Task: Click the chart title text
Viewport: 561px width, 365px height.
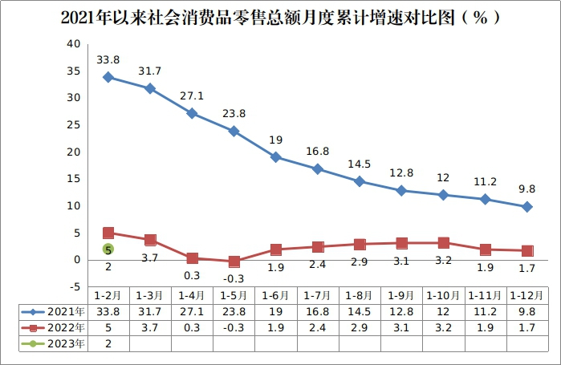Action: point(280,17)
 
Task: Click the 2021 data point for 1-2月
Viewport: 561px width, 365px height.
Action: point(108,77)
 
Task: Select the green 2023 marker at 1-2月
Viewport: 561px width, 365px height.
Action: point(108,249)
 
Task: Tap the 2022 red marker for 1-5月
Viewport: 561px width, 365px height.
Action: point(234,262)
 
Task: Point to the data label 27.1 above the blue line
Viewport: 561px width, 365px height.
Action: point(192,95)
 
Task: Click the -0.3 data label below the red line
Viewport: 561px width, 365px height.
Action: point(234,278)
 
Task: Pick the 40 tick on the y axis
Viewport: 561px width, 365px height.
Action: point(73,43)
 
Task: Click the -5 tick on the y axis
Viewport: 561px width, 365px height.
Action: point(73,286)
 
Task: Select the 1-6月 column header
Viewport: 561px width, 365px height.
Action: point(275,295)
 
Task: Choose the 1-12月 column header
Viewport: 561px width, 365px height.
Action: point(526,295)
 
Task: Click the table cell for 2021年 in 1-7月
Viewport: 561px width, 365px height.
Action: point(317,311)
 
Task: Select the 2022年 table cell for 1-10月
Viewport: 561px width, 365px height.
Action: point(443,327)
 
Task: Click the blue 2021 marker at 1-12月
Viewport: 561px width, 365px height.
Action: point(526,207)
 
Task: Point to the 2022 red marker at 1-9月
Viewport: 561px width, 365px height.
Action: point(401,243)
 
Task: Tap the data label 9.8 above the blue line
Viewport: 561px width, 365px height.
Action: point(526,189)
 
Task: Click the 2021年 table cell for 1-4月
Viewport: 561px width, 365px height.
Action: point(192,311)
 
